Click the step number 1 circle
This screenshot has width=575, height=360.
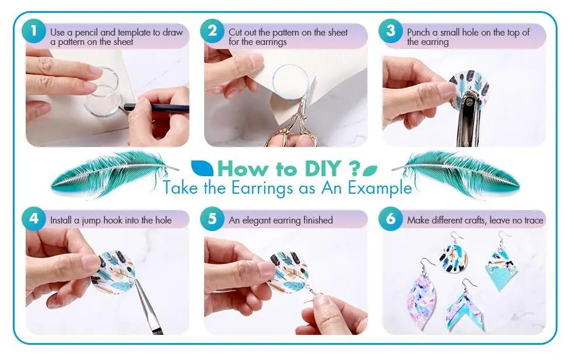point(34,31)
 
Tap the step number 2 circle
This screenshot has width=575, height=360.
point(212,31)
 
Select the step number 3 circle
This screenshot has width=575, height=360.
point(391,31)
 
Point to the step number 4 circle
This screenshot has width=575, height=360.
point(34,219)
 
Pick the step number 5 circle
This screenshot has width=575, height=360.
point(212,219)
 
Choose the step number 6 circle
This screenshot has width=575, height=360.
point(391,219)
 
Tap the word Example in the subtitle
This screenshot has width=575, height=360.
point(380,188)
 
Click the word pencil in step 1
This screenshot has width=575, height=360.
point(86,33)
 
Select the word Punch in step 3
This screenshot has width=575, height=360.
point(419,33)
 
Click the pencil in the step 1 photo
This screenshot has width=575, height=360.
point(156,107)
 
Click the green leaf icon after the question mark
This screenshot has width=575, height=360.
point(370,170)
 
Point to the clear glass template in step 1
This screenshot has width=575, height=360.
point(102,91)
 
